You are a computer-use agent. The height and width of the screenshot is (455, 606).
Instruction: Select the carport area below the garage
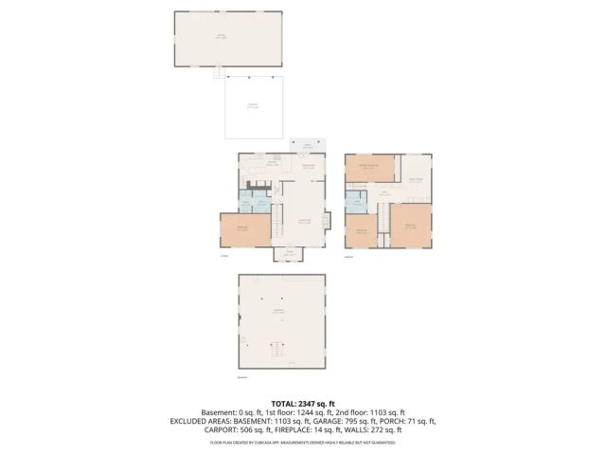(253, 106)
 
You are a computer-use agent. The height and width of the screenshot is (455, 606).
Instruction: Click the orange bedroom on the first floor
(244, 230)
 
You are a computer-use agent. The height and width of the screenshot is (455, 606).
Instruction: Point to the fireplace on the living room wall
(327, 221)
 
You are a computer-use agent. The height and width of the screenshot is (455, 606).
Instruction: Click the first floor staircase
(278, 227)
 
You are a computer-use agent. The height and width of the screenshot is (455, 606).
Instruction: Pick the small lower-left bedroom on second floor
(361, 230)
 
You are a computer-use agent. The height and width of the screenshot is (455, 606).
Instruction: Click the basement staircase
(277, 351)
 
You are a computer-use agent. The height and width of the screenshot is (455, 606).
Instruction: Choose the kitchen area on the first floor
(272, 169)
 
